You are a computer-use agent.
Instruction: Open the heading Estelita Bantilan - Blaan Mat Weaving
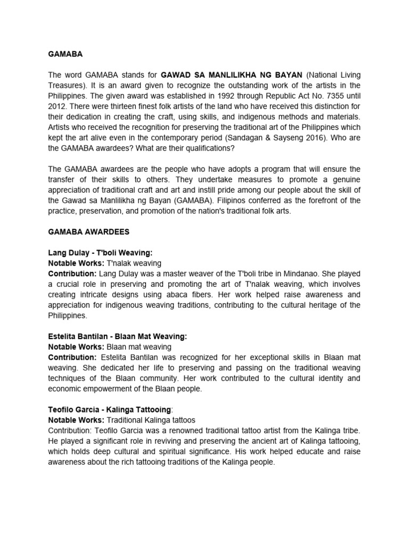[x=117, y=336]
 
